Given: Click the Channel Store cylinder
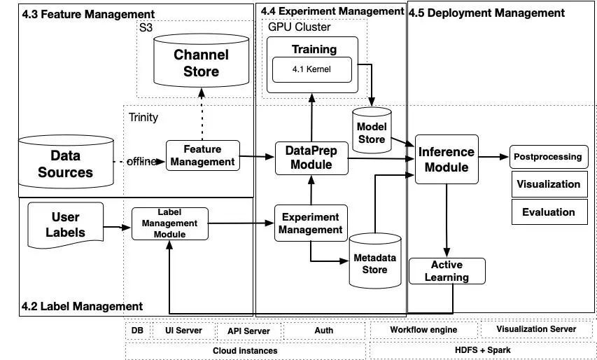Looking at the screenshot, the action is click(x=201, y=60).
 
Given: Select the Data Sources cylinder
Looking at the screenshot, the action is click(x=66, y=162).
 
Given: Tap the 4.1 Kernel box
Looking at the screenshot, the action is click(x=312, y=69).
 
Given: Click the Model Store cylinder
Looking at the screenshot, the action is click(x=372, y=130).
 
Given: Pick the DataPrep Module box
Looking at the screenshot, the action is click(x=311, y=158).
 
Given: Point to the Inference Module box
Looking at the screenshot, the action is click(x=447, y=159).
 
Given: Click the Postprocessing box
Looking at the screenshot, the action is click(x=549, y=157).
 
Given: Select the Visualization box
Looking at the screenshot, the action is click(x=549, y=184).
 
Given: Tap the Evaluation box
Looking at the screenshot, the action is click(x=549, y=212).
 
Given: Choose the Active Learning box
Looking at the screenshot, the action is click(x=447, y=271).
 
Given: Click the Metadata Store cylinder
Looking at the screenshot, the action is click(x=375, y=261).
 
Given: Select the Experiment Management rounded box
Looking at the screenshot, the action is click(x=311, y=223).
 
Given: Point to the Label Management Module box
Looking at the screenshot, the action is click(x=170, y=223).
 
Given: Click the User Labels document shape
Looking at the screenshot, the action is click(x=66, y=224).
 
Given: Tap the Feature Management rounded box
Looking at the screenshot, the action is click(x=203, y=155).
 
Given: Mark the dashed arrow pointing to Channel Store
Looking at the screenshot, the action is click(x=202, y=113).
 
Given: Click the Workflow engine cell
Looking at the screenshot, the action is click(x=423, y=330).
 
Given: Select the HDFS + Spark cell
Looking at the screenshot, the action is click(x=482, y=349).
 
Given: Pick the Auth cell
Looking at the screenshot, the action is click(x=324, y=331).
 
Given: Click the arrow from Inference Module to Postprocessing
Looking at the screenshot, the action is click(x=494, y=157).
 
